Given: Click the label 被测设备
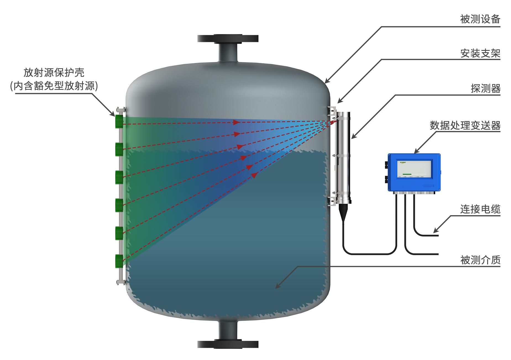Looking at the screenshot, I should click(x=480, y=19).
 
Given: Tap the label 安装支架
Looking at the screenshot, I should click(x=480, y=53).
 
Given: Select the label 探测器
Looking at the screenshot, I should click(x=485, y=88).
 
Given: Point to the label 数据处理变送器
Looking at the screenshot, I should click(x=465, y=125).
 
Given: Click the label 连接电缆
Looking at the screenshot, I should click(x=480, y=209).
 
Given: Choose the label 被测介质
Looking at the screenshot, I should click(x=480, y=260).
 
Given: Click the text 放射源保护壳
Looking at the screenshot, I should click(x=54, y=72).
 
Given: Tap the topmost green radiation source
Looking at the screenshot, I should click(x=119, y=121).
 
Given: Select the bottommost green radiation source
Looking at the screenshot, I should click(x=119, y=261).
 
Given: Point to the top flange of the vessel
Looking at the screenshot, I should click(x=228, y=38).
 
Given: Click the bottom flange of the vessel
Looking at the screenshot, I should click(x=228, y=344).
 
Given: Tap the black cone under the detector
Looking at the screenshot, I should click(x=343, y=212).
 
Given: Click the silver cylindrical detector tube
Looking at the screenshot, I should click(x=343, y=155).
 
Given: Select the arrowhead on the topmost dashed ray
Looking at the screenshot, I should click(x=237, y=122).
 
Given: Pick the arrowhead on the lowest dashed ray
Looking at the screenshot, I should click(x=254, y=175).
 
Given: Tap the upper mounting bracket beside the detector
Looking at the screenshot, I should click(x=332, y=111).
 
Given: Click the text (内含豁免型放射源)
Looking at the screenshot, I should click(x=54, y=86).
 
